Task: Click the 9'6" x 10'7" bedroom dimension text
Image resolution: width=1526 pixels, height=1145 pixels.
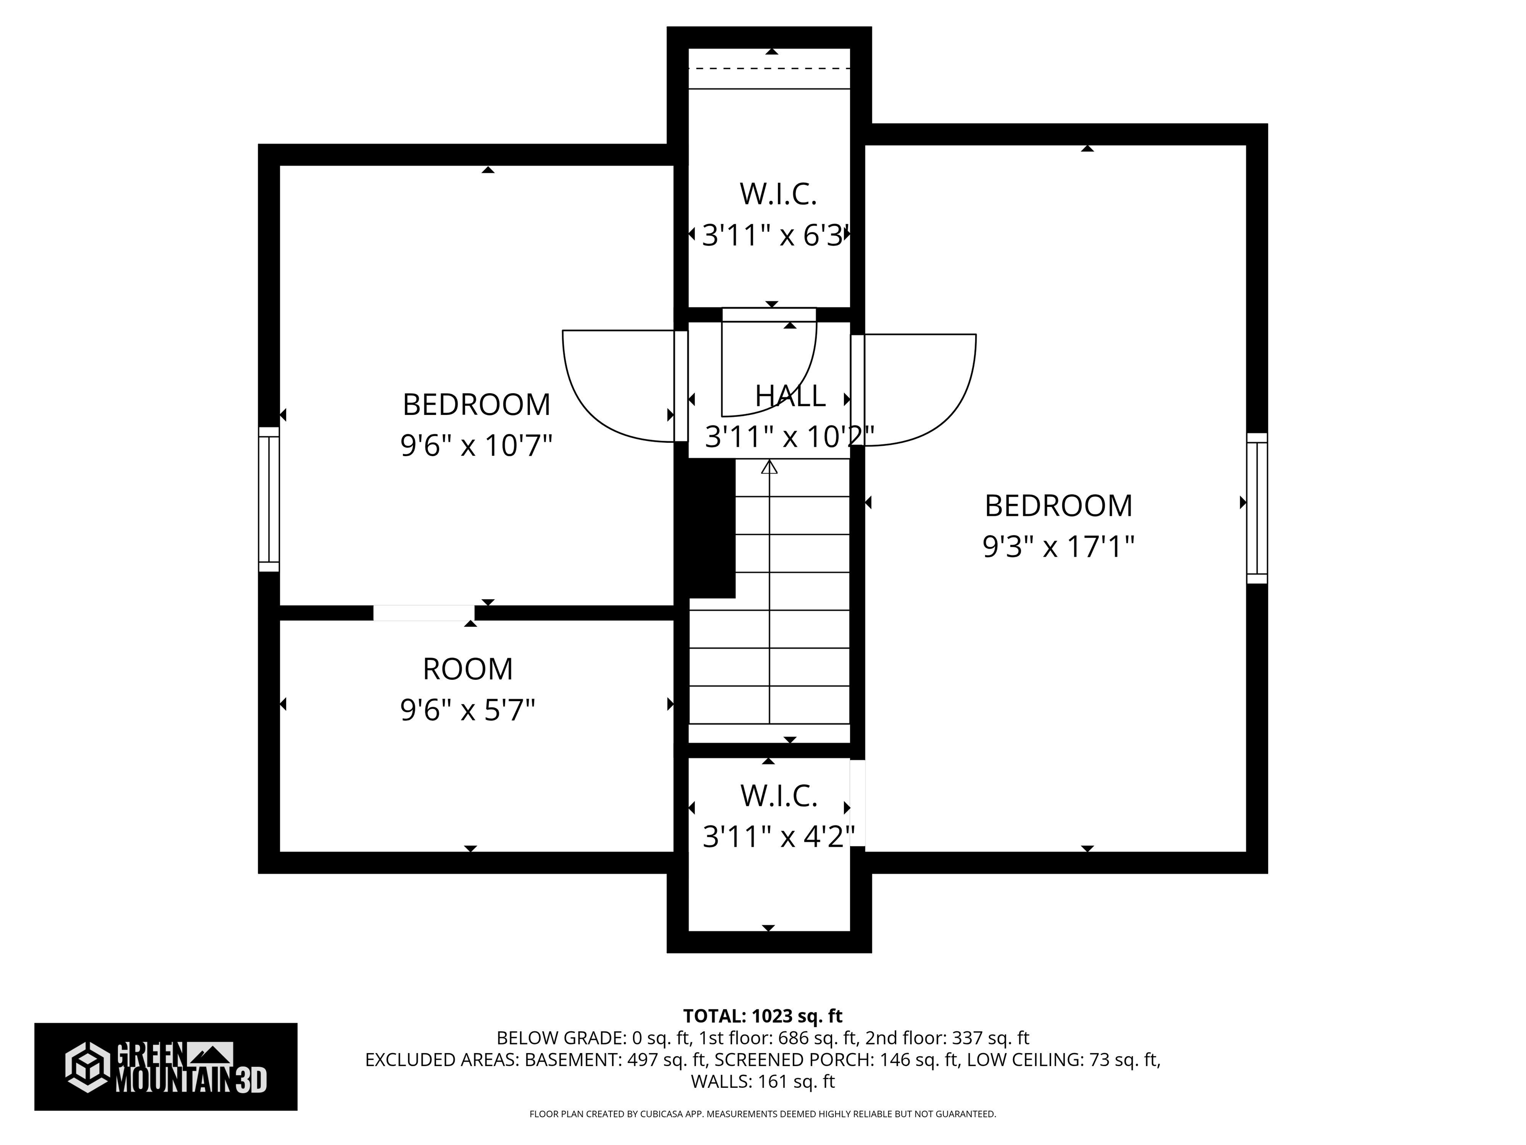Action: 477,445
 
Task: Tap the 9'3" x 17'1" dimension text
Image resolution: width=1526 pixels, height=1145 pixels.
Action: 1058,547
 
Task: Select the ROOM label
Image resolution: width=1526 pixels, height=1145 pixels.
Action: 468,669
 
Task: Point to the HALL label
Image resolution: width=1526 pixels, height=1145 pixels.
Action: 790,396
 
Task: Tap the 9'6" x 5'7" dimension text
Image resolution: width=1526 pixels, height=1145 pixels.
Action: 468,710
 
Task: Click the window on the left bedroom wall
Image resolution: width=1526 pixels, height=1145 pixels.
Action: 269,499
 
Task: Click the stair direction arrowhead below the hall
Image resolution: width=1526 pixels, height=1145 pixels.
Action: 769,467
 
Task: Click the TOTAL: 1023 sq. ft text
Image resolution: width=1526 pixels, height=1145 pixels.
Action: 763,1016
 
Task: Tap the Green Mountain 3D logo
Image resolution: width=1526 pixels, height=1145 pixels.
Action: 165,1066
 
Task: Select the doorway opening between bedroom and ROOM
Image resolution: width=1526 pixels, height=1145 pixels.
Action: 424,613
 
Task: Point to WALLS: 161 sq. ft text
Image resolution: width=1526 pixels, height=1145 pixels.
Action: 763,1081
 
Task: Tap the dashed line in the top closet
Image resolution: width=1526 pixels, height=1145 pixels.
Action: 769,68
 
